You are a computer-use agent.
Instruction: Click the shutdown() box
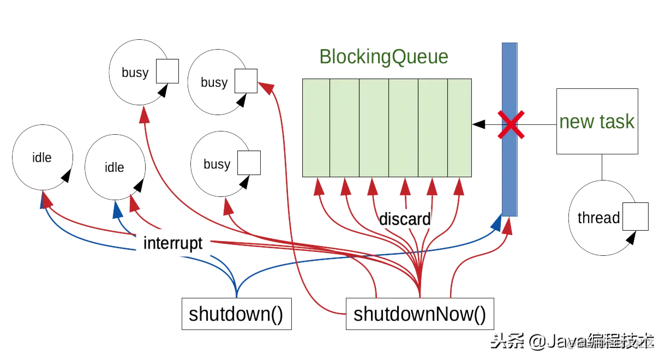coord(236,314)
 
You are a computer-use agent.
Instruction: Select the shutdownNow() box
coord(420,314)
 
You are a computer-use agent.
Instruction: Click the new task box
coord(597,122)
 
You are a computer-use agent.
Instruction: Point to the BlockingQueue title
coord(384,57)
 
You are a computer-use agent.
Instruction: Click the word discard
coord(404,219)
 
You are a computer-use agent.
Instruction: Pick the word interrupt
coord(172,243)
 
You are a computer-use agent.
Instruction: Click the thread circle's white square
coord(635,216)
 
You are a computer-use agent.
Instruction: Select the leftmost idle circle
coord(41,158)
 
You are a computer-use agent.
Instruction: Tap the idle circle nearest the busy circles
coord(115,167)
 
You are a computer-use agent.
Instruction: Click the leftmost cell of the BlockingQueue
coord(316,128)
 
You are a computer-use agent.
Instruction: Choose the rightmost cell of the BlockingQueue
coord(459,128)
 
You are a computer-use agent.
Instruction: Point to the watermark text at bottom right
coord(573,342)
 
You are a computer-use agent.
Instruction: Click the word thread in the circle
coord(598,218)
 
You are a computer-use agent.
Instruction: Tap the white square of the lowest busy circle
coord(249,163)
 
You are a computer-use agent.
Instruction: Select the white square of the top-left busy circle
coord(167,71)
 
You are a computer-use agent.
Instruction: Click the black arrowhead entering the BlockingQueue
coord(478,125)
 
